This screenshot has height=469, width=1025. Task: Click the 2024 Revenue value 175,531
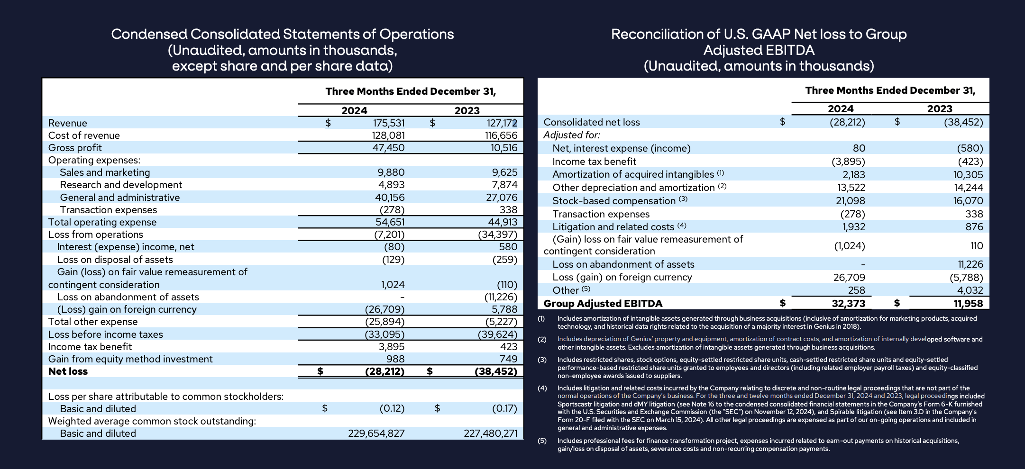pos(388,123)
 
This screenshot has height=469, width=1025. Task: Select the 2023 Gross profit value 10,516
pos(503,148)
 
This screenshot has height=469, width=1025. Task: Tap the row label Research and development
pos(121,185)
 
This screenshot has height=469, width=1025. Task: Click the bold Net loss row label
pos(68,371)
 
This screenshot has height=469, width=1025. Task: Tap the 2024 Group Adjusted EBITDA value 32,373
pos(848,304)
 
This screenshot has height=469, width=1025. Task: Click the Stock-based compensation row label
pos(613,201)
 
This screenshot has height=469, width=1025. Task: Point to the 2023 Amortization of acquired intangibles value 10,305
pos(968,175)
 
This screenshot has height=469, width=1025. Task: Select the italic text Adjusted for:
pos(571,135)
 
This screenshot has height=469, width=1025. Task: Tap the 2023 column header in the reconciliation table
pos(939,108)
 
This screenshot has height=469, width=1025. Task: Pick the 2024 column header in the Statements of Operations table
pos(354,110)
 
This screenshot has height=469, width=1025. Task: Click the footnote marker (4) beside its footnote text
pos(542,388)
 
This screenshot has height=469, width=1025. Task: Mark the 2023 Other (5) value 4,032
pos(970,290)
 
